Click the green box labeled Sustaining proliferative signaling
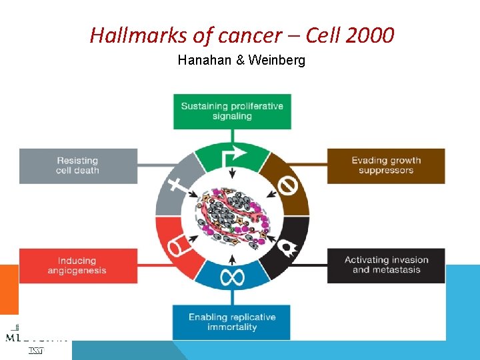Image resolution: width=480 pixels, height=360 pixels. [232, 111]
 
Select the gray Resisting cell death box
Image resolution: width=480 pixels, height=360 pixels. [78, 165]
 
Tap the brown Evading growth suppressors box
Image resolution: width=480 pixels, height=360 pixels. [385, 165]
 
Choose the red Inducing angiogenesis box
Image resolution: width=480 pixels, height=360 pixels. [78, 265]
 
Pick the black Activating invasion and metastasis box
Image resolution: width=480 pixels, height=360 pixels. [385, 265]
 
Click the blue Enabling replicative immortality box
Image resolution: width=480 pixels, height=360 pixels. [232, 322]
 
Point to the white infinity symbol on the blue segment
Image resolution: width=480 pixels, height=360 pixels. [232, 277]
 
